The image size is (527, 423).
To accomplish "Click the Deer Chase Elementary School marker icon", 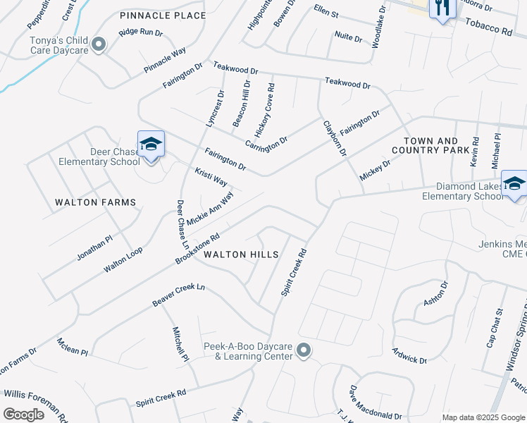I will pyautogui.click(x=151, y=145).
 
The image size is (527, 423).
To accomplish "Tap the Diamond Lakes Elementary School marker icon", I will pyautogui.click(x=514, y=184).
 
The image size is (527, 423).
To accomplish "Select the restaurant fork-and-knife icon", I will pyautogui.click(x=442, y=8).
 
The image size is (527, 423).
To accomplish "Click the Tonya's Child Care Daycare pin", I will pyautogui.click(x=99, y=46).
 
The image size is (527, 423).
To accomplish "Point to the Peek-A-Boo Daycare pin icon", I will pyautogui.click(x=304, y=350).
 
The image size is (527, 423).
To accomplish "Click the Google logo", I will pyautogui.click(x=24, y=415).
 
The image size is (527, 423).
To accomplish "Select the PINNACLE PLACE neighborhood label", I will pyautogui.click(x=163, y=16).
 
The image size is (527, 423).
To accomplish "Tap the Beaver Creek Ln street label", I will pyautogui.click(x=178, y=295).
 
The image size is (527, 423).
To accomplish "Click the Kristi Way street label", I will pyautogui.click(x=211, y=176).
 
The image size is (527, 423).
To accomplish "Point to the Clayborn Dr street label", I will pyautogui.click(x=335, y=139).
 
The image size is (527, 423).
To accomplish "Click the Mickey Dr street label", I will pyautogui.click(x=375, y=170).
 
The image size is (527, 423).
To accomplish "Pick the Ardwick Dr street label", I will pyautogui.click(x=409, y=355).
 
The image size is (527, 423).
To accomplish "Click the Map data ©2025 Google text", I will pyautogui.click(x=483, y=417).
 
